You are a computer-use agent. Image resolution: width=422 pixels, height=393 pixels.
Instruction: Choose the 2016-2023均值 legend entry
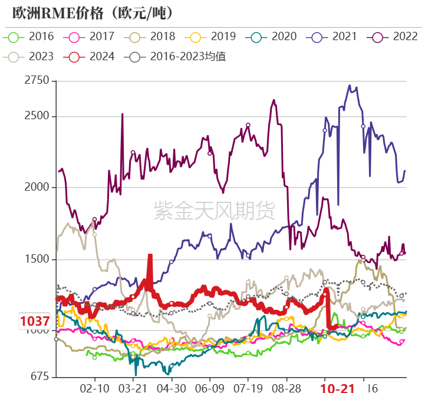[177, 57]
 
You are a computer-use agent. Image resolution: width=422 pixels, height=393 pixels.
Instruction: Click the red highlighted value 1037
[35, 322]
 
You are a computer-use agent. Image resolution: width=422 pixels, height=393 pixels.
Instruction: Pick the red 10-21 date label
[338, 388]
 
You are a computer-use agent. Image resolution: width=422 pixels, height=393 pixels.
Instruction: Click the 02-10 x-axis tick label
[94, 388]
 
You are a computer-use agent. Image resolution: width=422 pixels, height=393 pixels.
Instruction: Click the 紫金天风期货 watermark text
[214, 210]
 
